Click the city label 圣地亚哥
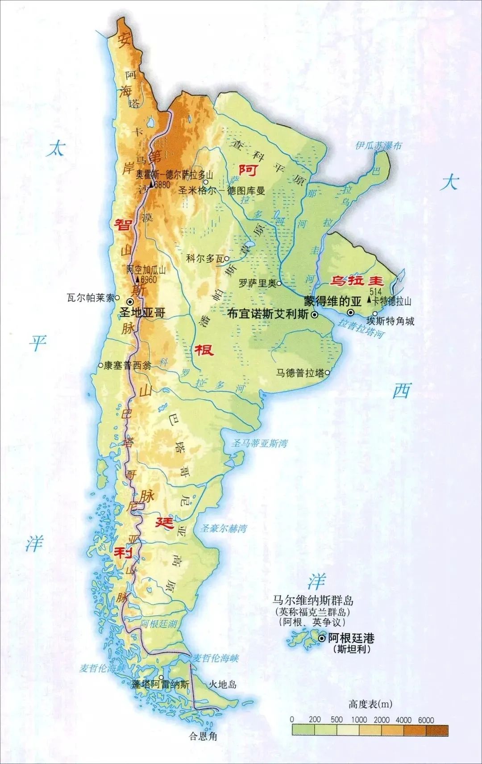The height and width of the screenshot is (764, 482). click(x=143, y=313)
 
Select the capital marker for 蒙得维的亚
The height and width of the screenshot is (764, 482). click(x=352, y=312)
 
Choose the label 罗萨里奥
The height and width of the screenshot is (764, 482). click(x=256, y=283)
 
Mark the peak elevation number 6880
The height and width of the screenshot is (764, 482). click(x=162, y=184)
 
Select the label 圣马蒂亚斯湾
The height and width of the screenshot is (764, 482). click(x=259, y=443)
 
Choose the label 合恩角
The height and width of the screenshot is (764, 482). click(x=203, y=736)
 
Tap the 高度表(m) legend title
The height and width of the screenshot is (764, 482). click(x=370, y=704)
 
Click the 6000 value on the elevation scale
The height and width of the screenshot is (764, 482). click(x=426, y=720)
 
